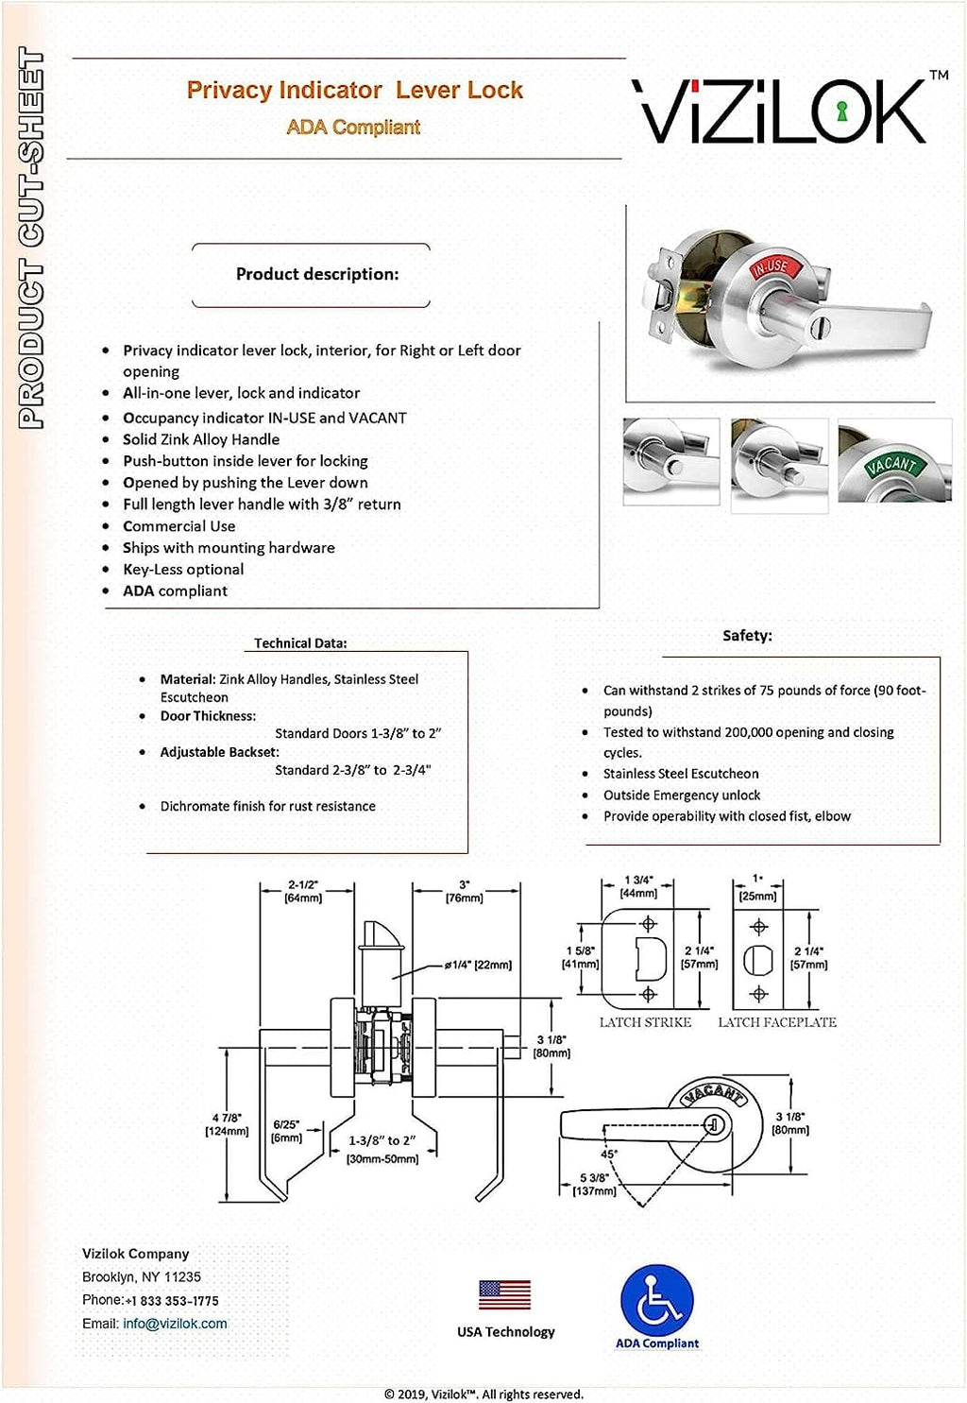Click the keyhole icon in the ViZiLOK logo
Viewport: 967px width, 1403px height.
click(x=842, y=111)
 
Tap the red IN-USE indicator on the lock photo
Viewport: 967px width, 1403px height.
click(x=769, y=267)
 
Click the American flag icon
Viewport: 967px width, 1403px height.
click(x=504, y=1294)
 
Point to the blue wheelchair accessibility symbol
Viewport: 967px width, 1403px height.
click(x=657, y=1301)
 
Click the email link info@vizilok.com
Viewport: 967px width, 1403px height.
click(x=175, y=1324)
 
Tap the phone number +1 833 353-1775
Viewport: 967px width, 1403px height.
click(x=172, y=1301)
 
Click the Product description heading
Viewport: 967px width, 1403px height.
click(x=317, y=274)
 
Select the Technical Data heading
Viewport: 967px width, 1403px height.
click(x=300, y=643)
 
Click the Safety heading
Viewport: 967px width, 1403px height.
click(x=747, y=636)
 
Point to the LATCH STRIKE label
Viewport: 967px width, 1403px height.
click(x=645, y=1022)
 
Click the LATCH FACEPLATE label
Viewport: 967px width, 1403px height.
click(x=776, y=1022)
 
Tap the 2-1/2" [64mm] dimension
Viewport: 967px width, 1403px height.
click(x=303, y=891)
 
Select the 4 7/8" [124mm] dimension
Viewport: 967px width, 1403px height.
click(x=227, y=1124)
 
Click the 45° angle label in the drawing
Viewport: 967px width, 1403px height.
click(x=609, y=1154)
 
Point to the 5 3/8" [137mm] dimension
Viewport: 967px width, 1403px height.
click(x=594, y=1185)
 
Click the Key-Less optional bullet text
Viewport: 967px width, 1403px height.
click(x=183, y=569)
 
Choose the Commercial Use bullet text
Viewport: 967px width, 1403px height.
click(x=179, y=526)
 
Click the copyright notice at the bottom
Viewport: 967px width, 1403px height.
click(x=483, y=1394)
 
